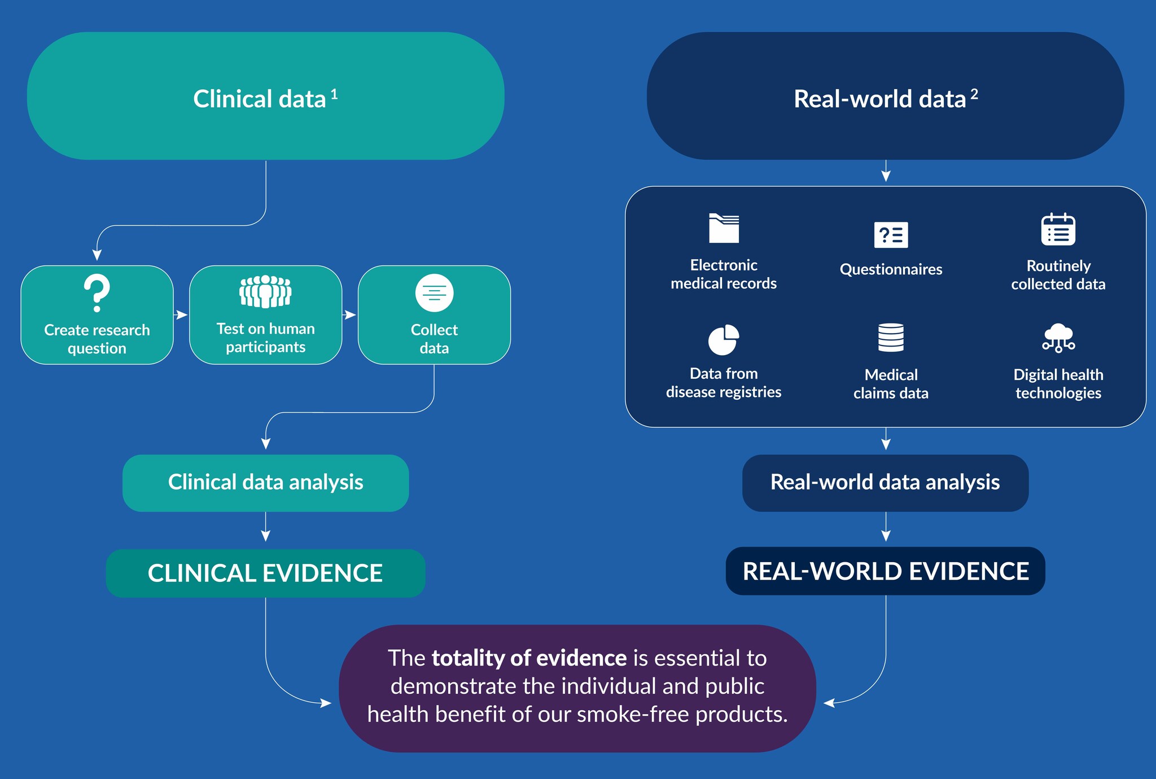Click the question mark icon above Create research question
tap(97, 293)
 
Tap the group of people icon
tap(265, 291)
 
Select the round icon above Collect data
tap(434, 293)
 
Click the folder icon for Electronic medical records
tap(724, 228)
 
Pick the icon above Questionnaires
tap(891, 235)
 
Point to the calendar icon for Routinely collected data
tap(1058, 229)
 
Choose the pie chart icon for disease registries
tap(723, 340)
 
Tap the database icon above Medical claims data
tap(891, 338)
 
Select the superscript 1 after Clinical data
tap(334, 94)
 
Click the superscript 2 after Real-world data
tap(974, 94)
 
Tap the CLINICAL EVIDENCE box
tap(265, 573)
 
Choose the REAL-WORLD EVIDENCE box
tap(885, 571)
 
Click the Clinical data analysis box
tap(265, 483)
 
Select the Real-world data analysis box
tap(885, 483)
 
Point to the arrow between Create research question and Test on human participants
tap(181, 315)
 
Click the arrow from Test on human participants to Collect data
tap(350, 315)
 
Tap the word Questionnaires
tap(891, 269)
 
